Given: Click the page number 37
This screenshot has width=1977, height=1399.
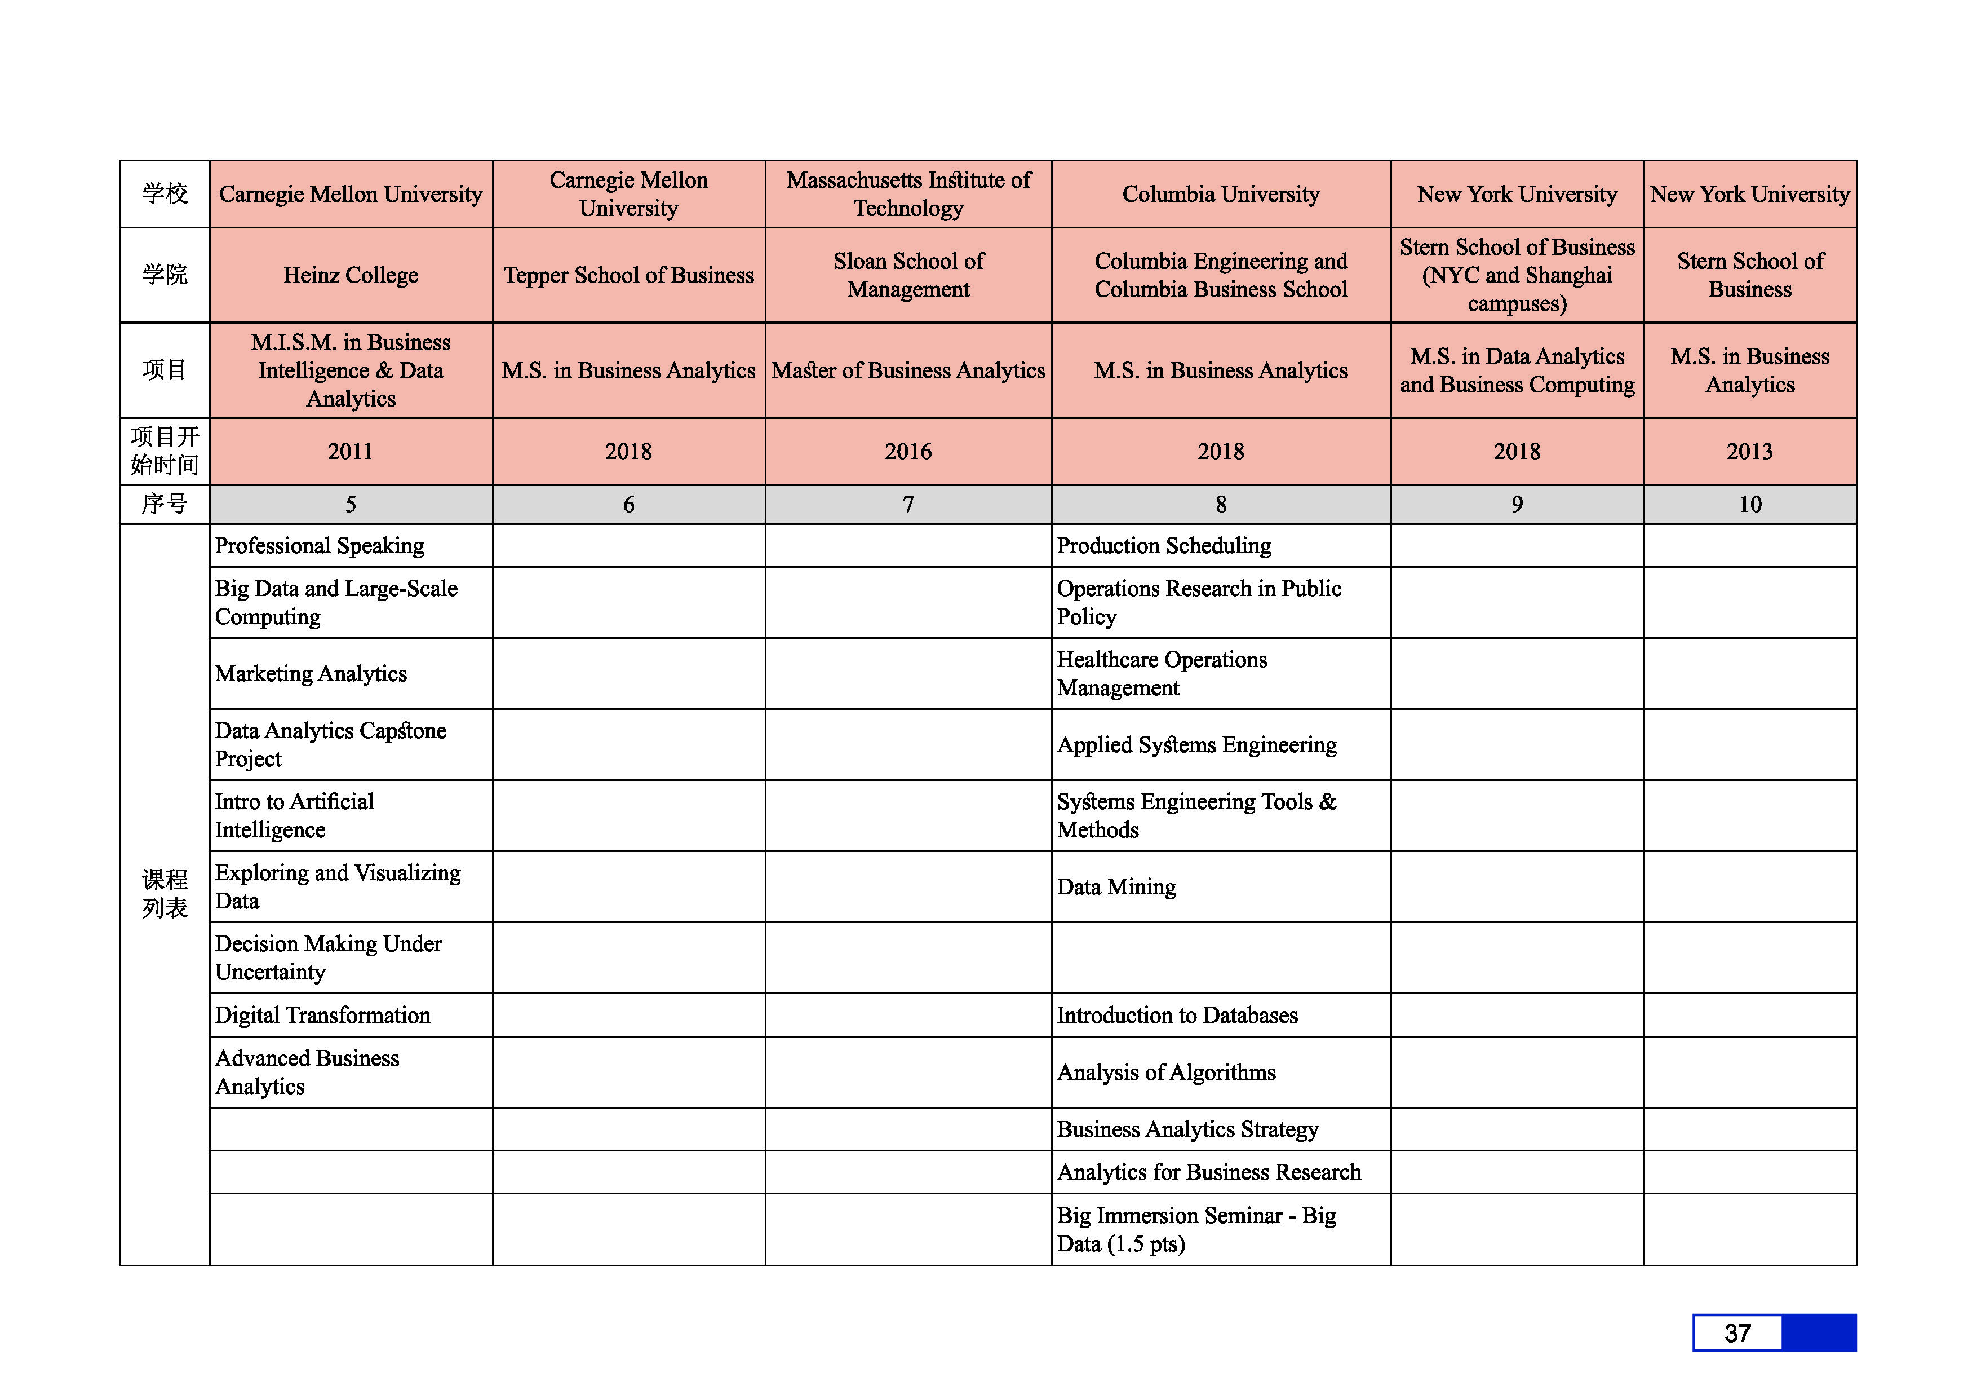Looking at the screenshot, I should [x=1737, y=1334].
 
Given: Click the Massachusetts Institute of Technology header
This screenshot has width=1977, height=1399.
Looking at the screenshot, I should [x=908, y=194].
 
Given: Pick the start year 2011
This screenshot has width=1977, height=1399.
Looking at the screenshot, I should [x=351, y=452].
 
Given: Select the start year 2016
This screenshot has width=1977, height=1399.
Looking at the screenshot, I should [x=908, y=452].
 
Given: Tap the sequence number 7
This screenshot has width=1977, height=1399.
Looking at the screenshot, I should [x=908, y=505].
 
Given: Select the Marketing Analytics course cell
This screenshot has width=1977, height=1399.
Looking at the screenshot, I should [x=311, y=674].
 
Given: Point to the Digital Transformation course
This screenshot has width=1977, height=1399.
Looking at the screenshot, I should [x=323, y=1016].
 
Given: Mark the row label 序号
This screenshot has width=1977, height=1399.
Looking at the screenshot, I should [x=165, y=505].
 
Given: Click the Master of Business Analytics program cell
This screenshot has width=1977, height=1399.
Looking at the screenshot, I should [x=908, y=370].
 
